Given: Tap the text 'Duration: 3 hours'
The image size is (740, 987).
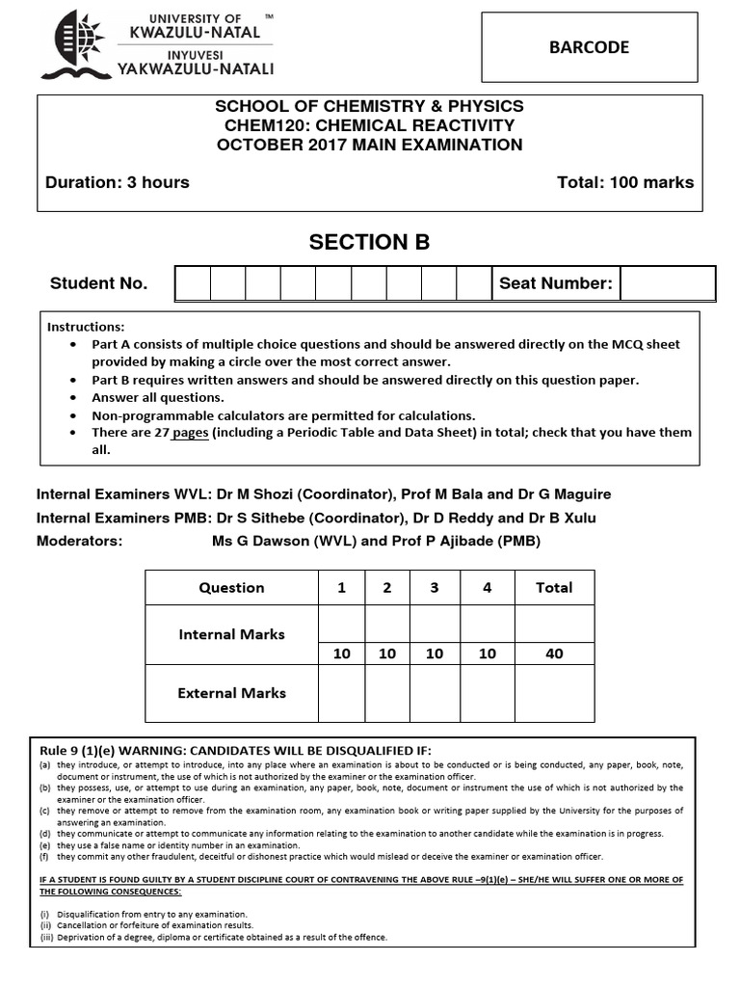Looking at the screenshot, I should click(118, 182).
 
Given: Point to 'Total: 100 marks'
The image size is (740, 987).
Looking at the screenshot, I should click(624, 182).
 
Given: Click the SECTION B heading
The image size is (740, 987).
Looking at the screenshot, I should click(369, 243).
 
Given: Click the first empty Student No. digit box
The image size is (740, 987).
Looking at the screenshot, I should click(192, 283).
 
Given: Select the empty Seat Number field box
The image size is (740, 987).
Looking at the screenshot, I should click(667, 283).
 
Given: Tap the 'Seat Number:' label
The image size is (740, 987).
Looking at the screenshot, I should click(555, 283).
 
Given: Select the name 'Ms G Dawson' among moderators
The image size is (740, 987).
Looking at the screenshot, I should click(255, 541).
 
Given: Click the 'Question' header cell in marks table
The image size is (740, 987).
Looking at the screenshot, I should click(231, 588).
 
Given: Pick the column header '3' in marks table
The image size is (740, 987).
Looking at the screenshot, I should click(435, 588).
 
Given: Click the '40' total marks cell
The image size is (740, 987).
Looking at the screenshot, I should click(554, 654).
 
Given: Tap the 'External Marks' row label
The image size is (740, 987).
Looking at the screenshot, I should click(231, 693).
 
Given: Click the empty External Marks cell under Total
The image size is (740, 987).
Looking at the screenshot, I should click(554, 693).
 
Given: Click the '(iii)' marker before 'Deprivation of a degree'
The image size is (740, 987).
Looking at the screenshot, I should click(45, 937).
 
